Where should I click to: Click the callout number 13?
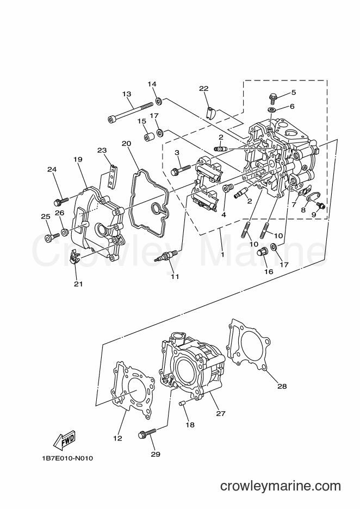tap(127, 94)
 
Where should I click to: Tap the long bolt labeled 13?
tap(130, 113)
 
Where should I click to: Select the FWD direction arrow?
tap(64, 441)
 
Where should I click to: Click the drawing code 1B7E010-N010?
tap(67, 458)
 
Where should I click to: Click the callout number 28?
tap(282, 386)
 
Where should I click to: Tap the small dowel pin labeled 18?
tap(182, 404)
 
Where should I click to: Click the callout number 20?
tap(127, 144)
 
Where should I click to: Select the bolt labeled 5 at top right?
tap(272, 96)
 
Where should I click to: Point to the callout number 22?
tap(204, 88)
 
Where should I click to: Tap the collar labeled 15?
tap(149, 136)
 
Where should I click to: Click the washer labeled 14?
tap(159, 101)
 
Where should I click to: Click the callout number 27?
tap(221, 413)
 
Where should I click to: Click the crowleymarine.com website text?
tap(281, 486)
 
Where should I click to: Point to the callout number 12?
tap(117, 438)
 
